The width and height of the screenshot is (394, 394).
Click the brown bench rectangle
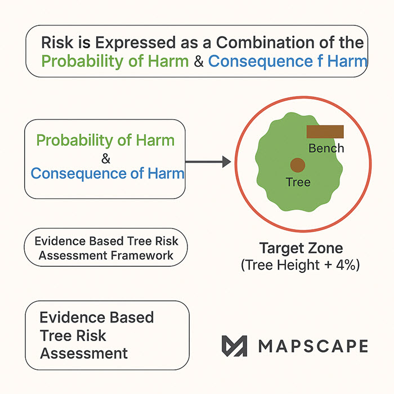click(x=325, y=132)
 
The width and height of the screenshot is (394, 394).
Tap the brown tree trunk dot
click(x=297, y=165)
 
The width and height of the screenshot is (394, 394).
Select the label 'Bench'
click(x=326, y=148)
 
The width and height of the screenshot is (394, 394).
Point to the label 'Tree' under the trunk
click(x=298, y=182)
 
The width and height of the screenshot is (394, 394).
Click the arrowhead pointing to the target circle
click(x=226, y=162)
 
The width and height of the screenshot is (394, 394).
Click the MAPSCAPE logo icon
click(x=234, y=346)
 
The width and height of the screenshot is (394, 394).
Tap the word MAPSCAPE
click(x=313, y=346)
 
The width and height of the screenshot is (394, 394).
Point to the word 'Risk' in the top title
click(x=55, y=43)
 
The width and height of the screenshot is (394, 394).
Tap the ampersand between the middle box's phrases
click(x=106, y=157)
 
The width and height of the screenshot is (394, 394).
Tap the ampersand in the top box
click(x=198, y=61)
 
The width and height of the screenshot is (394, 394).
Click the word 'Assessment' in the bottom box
click(x=83, y=353)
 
